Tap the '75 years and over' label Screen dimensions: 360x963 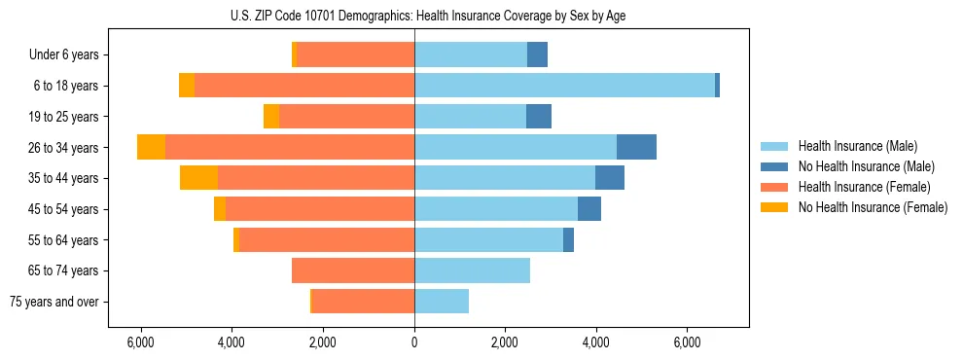pyautogui.click(x=55, y=302)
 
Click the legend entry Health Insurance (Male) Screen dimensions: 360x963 pyautogui.click(x=857, y=146)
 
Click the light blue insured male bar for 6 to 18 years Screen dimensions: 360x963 pyautogui.click(x=564, y=86)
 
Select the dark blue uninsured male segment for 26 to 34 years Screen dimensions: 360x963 pyautogui.click(x=636, y=147)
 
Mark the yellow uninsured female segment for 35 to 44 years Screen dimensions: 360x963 pyautogui.click(x=198, y=178)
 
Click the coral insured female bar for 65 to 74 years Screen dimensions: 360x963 pyautogui.click(x=353, y=270)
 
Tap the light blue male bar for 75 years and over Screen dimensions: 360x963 pyautogui.click(x=442, y=302)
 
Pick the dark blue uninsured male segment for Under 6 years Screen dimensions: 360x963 pyautogui.click(x=537, y=54)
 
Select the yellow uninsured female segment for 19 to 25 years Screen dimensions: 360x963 pyautogui.click(x=271, y=117)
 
